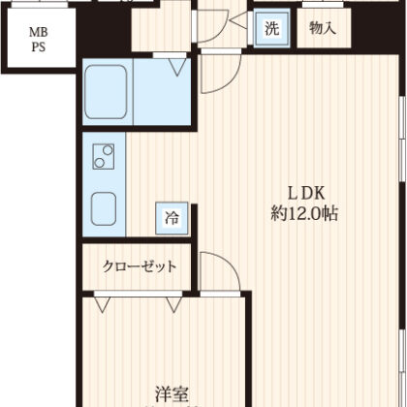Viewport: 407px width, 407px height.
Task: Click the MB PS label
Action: point(39,40)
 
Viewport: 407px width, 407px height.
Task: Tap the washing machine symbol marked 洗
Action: point(271,28)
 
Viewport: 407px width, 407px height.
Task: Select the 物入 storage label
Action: point(323,28)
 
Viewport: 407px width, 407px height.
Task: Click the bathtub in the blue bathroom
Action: point(106,92)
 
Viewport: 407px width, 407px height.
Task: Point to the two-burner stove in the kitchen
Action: point(104,156)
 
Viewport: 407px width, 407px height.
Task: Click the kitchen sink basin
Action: point(104,208)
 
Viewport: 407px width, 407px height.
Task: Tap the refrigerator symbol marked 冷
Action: point(172,218)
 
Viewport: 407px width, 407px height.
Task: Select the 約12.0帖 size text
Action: point(304,213)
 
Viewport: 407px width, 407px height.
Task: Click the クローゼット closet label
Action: point(140,266)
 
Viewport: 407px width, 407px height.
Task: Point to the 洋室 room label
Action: point(172,393)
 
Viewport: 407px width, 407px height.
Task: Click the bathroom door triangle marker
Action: point(177,67)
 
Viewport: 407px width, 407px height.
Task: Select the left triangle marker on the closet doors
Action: point(103,304)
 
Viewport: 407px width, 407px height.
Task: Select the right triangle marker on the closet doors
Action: point(174,304)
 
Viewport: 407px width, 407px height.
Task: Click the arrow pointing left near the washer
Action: point(239,20)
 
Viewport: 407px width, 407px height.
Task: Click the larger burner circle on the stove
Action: point(108,150)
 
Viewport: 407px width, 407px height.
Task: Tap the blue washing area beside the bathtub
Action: point(162,92)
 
